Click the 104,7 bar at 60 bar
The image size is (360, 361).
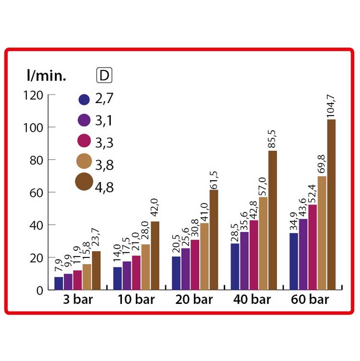click(331, 205)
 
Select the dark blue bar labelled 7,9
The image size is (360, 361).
click(59, 283)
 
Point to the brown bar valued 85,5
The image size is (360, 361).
click(273, 220)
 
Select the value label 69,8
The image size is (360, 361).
click(321, 162)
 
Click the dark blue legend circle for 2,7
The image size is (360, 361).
click(84, 100)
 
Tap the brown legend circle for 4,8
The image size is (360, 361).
click(84, 182)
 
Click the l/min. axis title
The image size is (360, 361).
click(46, 75)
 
